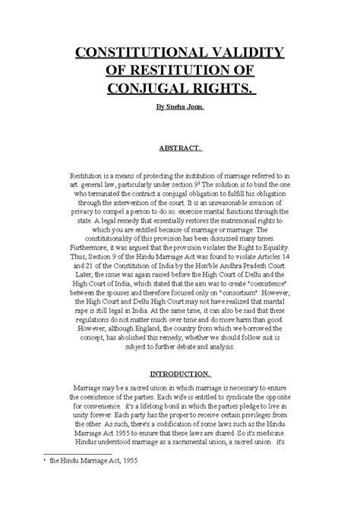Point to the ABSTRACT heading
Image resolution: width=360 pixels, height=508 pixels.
pyautogui.click(x=179, y=148)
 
